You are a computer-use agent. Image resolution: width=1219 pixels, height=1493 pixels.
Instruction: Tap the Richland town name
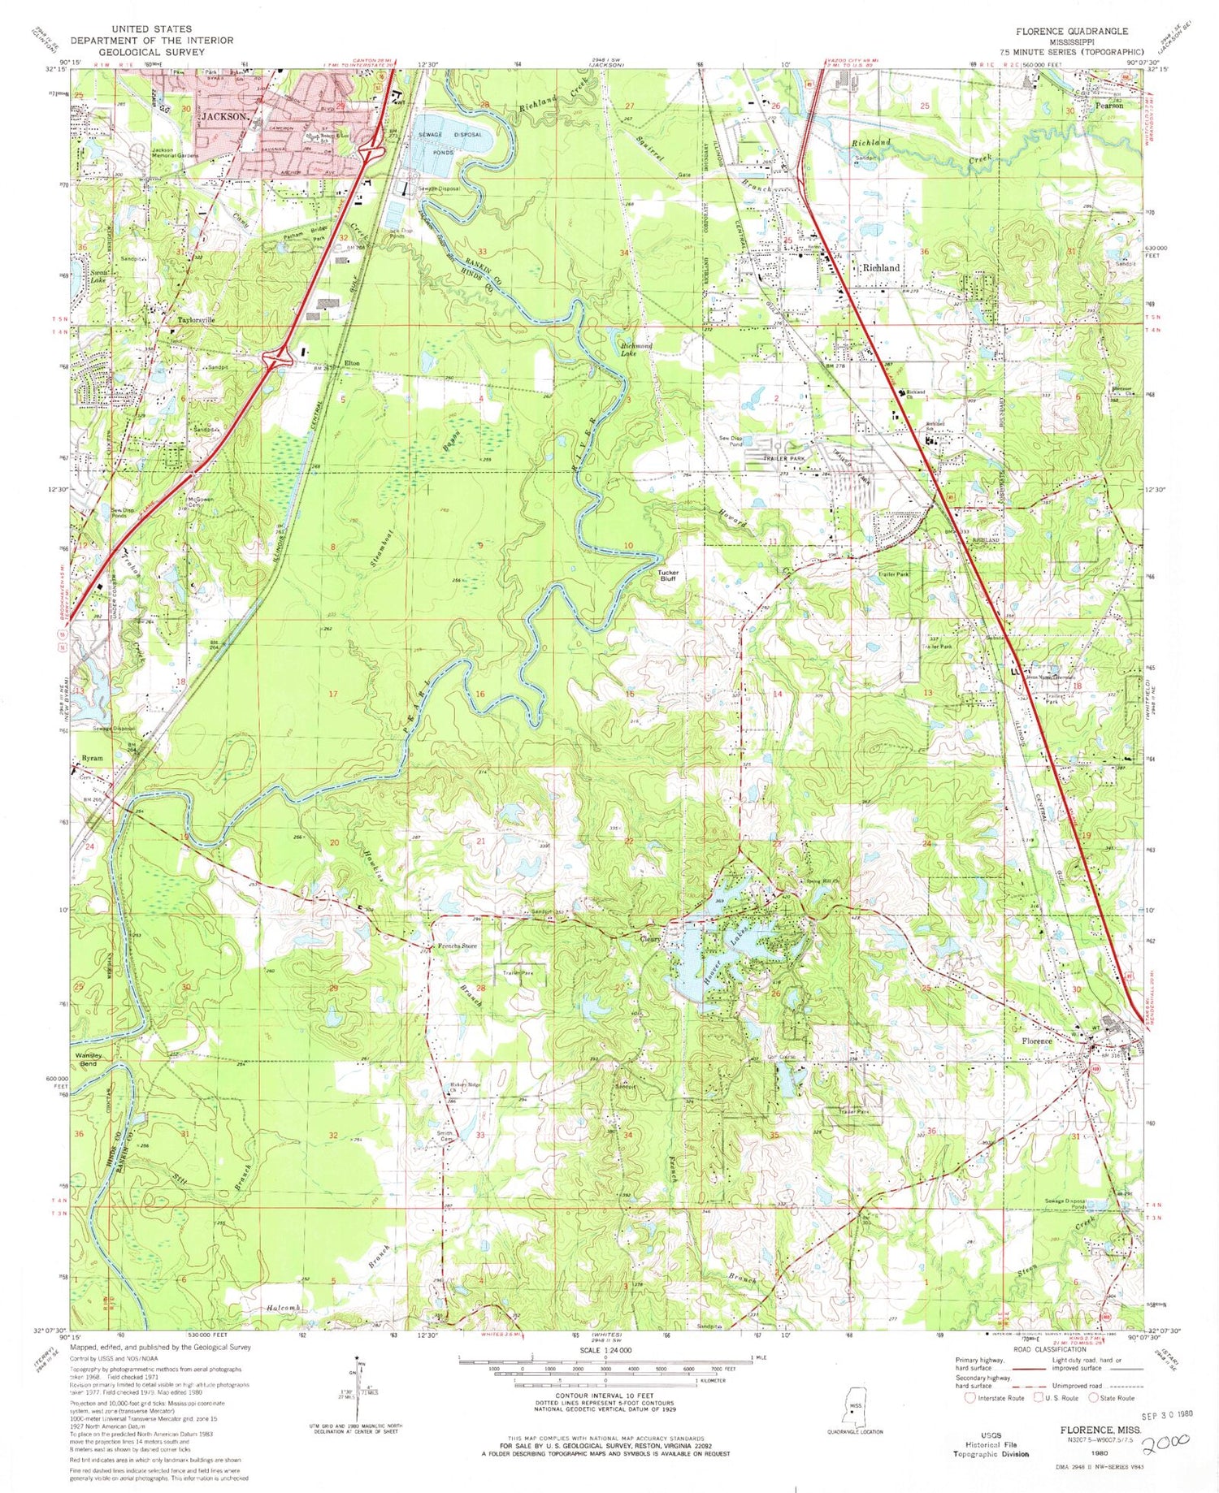point(881,267)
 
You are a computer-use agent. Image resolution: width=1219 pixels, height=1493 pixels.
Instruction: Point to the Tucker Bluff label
point(668,576)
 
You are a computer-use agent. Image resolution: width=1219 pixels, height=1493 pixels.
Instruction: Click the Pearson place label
point(1109,106)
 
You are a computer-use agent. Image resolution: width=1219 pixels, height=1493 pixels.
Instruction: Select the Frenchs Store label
point(458,946)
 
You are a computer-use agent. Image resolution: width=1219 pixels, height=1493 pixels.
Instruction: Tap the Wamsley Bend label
point(90,1059)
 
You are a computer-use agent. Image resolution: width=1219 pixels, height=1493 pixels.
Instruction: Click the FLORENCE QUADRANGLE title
point(1070,31)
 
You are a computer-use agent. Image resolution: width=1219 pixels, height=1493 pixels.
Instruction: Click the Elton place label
point(352,363)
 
